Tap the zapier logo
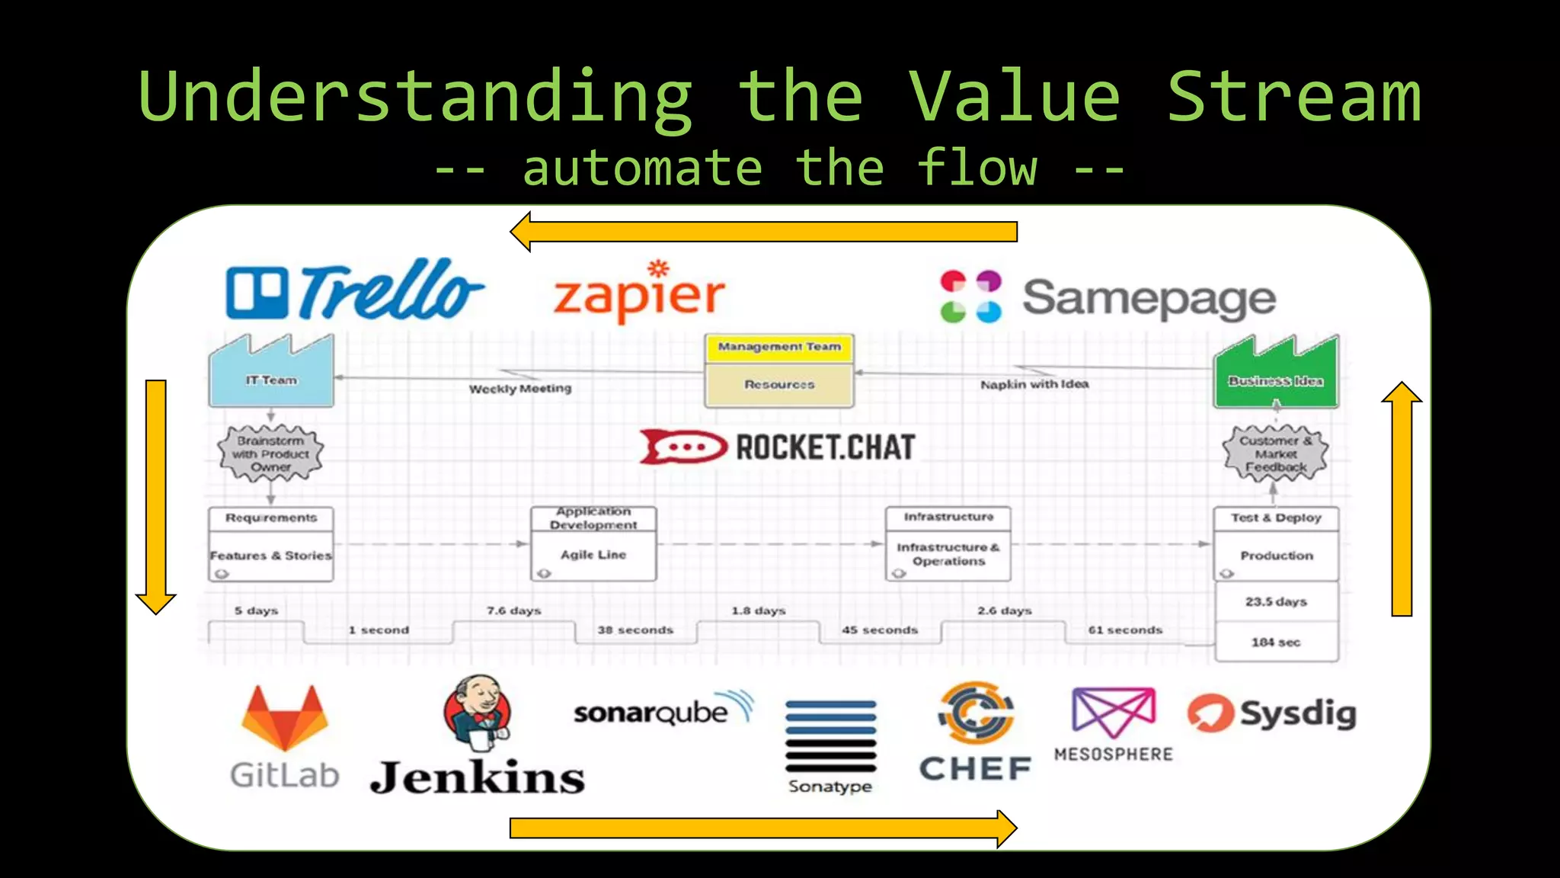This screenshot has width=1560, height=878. coord(639,293)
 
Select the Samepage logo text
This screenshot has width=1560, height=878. coord(1149,299)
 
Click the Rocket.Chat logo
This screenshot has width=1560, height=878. coord(777,447)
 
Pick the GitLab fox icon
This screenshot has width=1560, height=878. coord(284,718)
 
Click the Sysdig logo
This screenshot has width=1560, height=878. coord(1272,713)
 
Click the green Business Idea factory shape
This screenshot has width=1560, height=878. coord(1276,373)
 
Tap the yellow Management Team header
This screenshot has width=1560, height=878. coord(779,348)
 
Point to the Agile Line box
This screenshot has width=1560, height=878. coord(593,555)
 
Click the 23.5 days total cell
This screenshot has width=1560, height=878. coord(1276,602)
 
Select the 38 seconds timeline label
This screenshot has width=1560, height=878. coord(635,630)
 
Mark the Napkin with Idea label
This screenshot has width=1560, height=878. coord(1034,384)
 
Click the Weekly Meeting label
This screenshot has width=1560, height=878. coord(520,389)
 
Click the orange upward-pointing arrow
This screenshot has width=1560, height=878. coord(1402,499)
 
